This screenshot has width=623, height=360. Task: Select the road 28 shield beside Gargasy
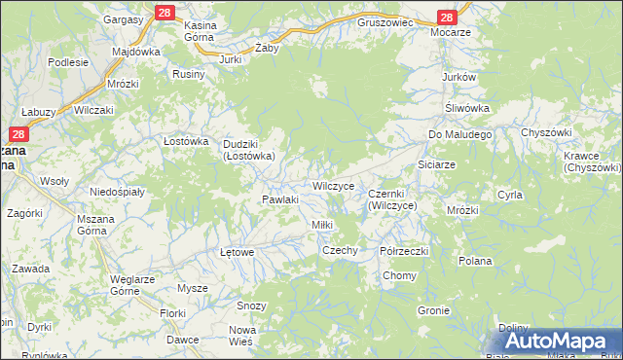(x=163, y=13)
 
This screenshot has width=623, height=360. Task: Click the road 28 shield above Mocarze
(x=447, y=18)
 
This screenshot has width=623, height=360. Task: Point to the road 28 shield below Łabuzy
(x=19, y=134)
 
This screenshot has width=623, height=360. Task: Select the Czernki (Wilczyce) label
(x=392, y=200)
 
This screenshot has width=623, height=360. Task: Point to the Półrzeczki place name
(x=404, y=250)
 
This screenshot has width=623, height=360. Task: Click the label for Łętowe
(x=237, y=252)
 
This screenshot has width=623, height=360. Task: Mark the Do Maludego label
(x=460, y=133)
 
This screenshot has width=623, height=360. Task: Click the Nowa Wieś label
(x=240, y=336)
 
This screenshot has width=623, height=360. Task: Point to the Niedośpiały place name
(x=117, y=192)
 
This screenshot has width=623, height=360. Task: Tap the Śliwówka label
(x=466, y=108)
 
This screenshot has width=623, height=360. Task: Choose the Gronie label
(x=432, y=311)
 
